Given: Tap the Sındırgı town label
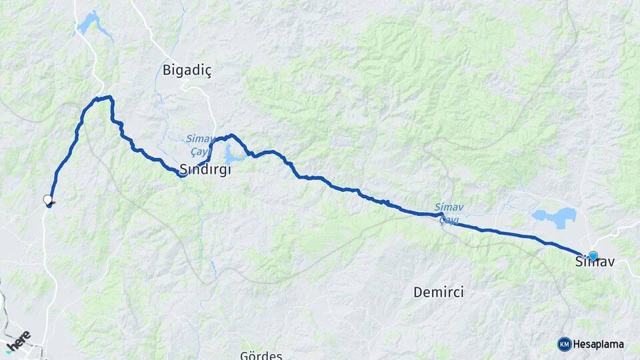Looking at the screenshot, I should [205, 169].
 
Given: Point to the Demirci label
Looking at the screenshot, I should [438, 292].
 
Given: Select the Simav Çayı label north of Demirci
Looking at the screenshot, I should [447, 212].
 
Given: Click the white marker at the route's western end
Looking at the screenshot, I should [47, 199].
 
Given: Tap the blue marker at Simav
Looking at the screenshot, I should [593, 255].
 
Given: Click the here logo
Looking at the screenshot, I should [18, 341].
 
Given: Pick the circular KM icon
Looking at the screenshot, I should [565, 344].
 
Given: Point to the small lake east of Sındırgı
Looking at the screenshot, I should [231, 157].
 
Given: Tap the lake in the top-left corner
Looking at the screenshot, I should [89, 24].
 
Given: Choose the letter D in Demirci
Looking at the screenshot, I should [418, 292].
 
